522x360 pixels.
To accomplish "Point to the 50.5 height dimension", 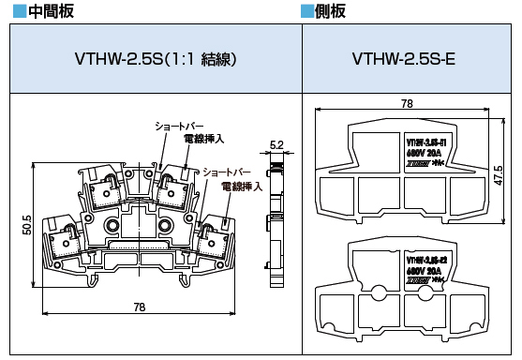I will (x=28, y=225).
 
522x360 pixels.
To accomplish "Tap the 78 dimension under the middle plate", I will (x=139, y=307).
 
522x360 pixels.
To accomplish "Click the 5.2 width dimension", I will (x=276, y=144).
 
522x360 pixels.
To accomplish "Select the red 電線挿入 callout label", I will (x=242, y=187).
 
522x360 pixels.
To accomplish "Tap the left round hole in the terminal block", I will (x=112, y=226).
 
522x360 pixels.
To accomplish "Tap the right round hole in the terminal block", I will (x=167, y=226).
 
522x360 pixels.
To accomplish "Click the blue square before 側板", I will (x=306, y=11).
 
